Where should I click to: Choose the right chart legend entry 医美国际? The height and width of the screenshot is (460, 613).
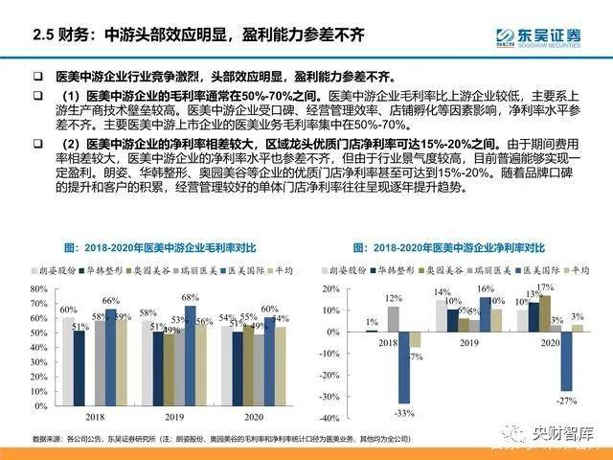522,271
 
